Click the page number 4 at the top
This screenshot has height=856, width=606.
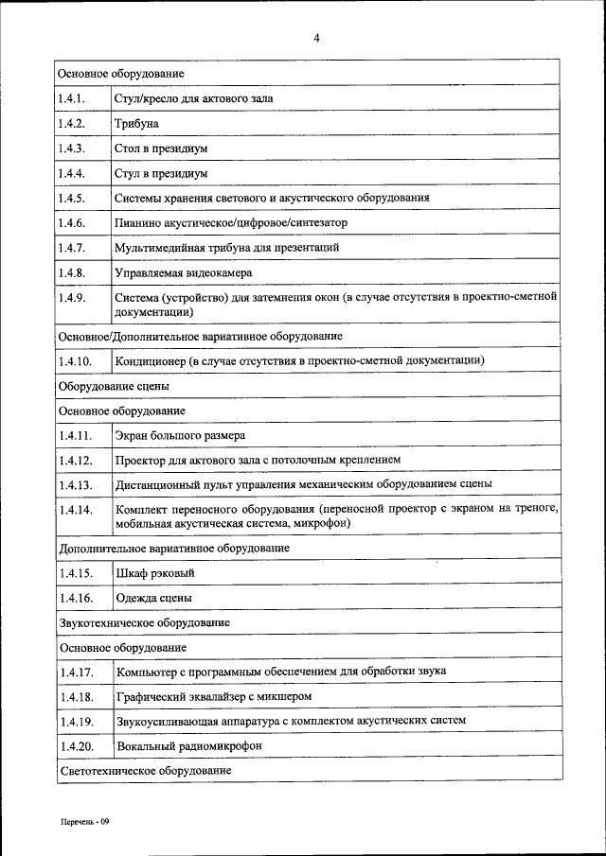pyautogui.click(x=317, y=38)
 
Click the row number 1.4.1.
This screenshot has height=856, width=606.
pyautogui.click(x=72, y=98)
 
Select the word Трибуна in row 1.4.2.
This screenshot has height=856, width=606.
pyautogui.click(x=136, y=124)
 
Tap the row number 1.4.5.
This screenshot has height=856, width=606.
pyautogui.click(x=72, y=199)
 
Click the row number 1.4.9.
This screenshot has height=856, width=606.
pyautogui.click(x=72, y=298)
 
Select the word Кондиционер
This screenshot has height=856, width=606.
pyautogui.click(x=150, y=361)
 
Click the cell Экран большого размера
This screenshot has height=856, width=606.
pyautogui.click(x=180, y=435)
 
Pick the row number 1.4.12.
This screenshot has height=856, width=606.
pyautogui.click(x=75, y=460)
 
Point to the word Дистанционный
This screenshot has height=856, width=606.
pyautogui.click(x=156, y=485)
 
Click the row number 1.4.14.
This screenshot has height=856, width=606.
pyautogui.click(x=75, y=510)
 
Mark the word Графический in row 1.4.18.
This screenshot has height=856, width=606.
pyautogui.click(x=149, y=697)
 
